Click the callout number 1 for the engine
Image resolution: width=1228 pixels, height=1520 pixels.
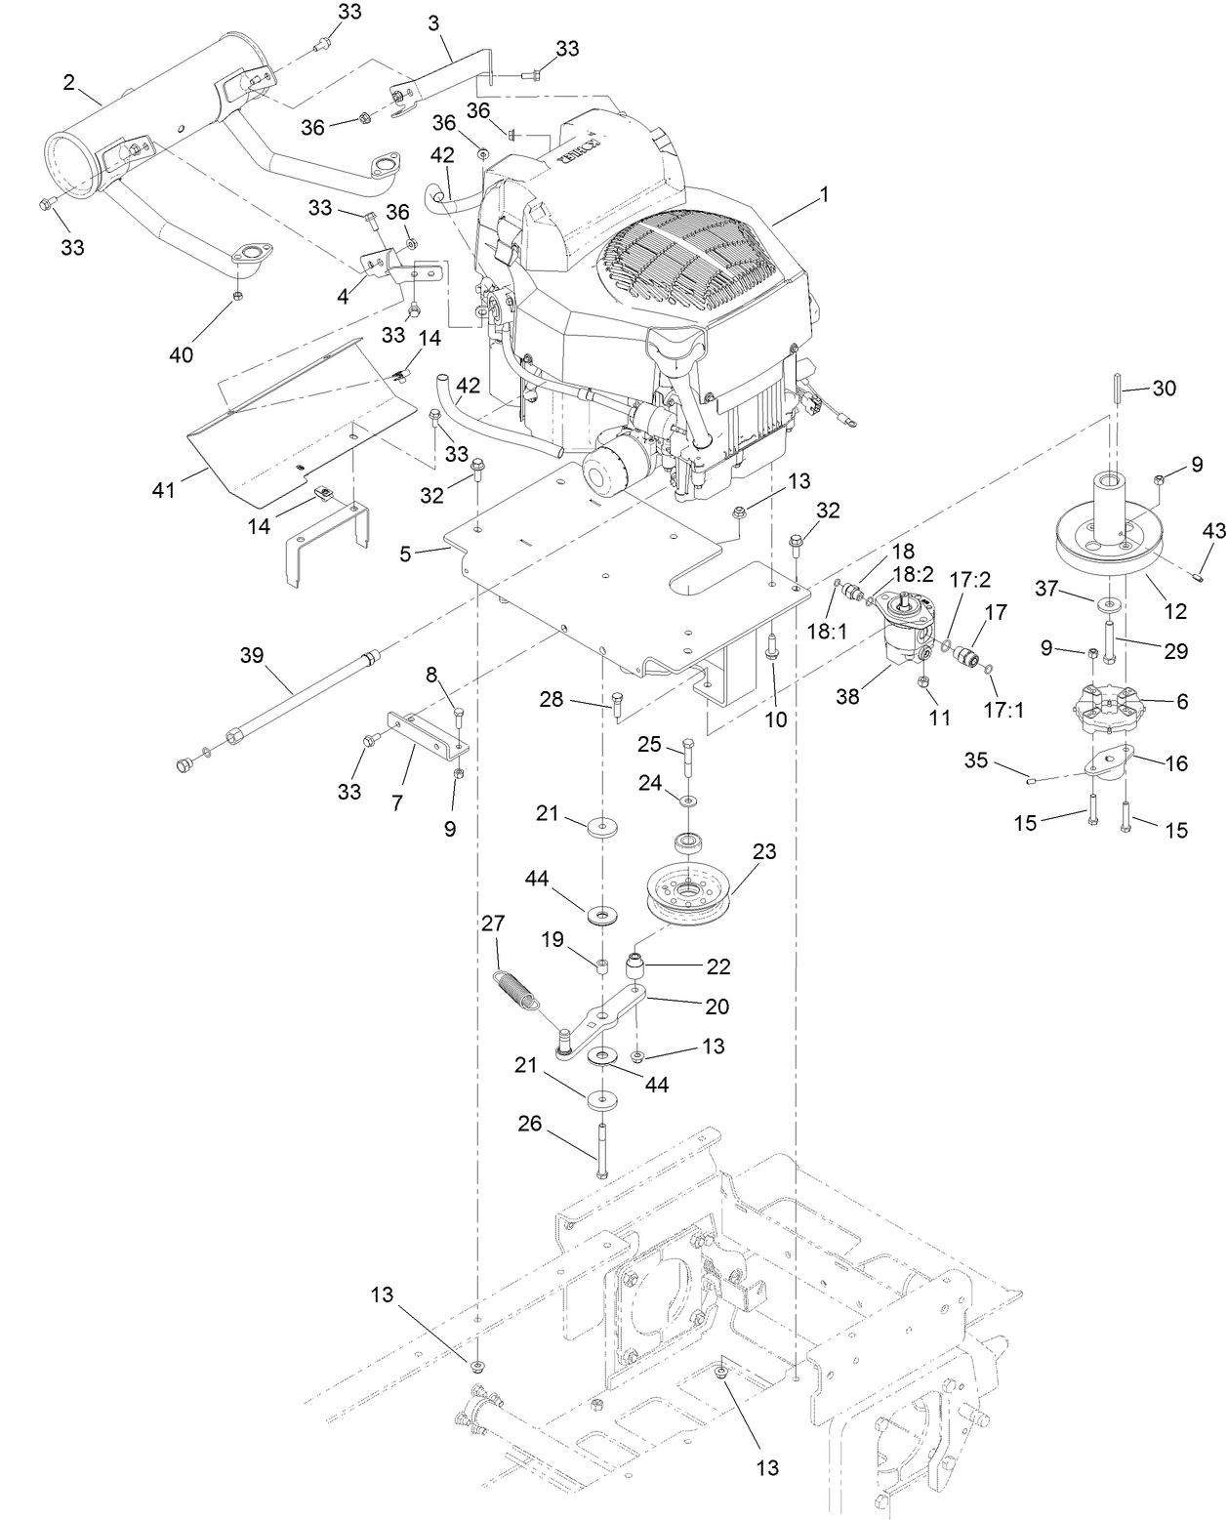pos(823,195)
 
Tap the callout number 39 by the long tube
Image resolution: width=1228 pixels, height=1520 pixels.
pos(252,656)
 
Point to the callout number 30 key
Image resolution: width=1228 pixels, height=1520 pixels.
pos(1164,388)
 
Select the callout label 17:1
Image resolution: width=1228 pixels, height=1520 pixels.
pos(1004,710)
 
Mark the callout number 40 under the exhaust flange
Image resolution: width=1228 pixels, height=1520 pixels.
pos(182,354)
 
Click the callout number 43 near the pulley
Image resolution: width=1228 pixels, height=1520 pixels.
pos(1212,530)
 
